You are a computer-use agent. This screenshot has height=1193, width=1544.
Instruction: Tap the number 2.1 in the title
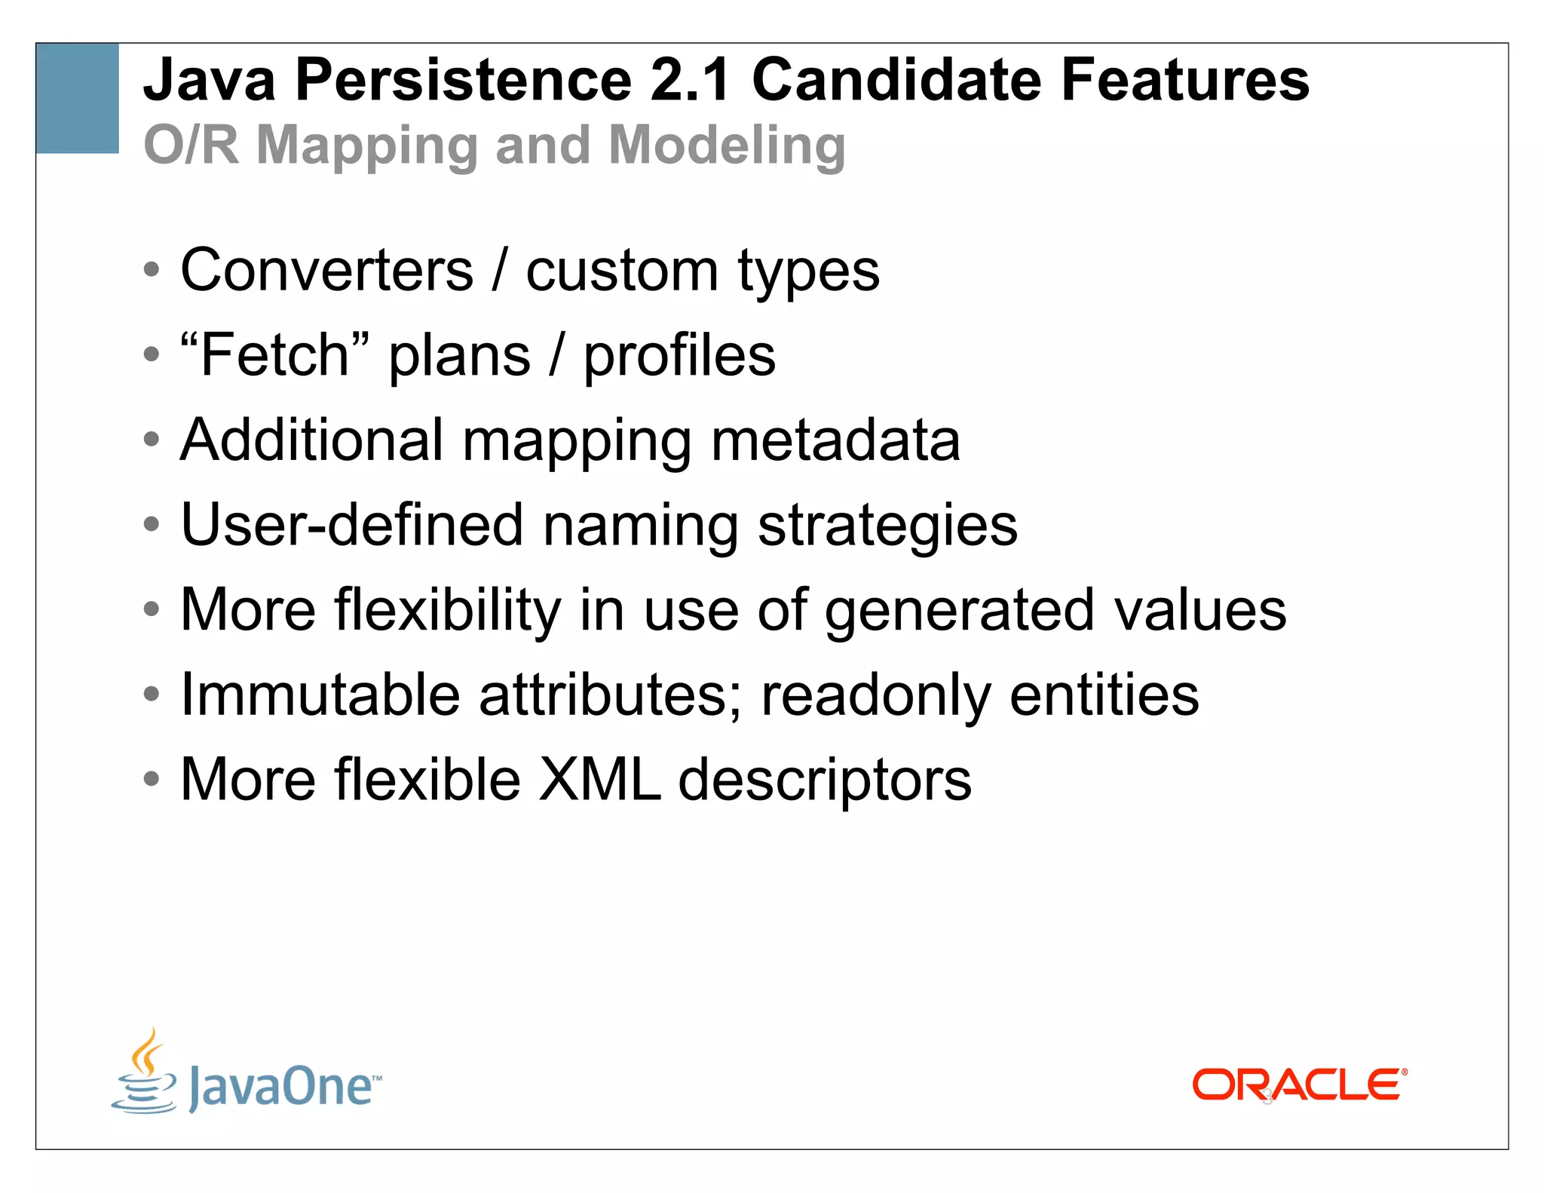click(691, 80)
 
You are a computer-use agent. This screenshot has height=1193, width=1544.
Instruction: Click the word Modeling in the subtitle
click(727, 145)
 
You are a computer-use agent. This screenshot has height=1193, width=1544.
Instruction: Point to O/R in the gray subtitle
click(191, 145)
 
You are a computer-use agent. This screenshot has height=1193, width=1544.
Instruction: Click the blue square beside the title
click(77, 98)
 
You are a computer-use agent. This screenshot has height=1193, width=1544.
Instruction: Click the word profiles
click(679, 356)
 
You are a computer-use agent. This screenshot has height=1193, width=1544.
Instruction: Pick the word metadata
click(835, 440)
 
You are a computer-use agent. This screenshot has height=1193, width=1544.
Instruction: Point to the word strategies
click(887, 526)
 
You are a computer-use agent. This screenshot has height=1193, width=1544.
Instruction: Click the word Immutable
click(320, 695)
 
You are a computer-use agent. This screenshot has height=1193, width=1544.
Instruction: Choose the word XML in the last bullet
click(600, 780)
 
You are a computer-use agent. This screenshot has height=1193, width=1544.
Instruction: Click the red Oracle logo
click(1299, 1085)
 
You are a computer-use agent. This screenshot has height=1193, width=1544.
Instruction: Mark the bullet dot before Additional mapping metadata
click(152, 440)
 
